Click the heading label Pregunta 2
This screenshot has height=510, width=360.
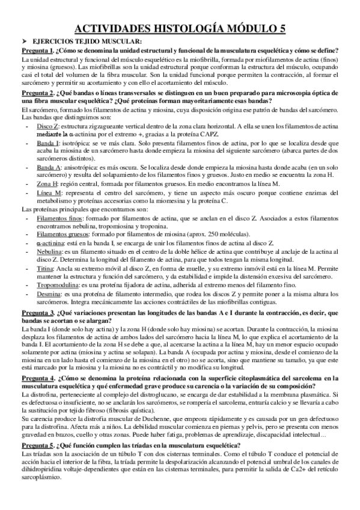[38, 93]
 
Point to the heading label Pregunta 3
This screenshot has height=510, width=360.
[38, 314]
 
